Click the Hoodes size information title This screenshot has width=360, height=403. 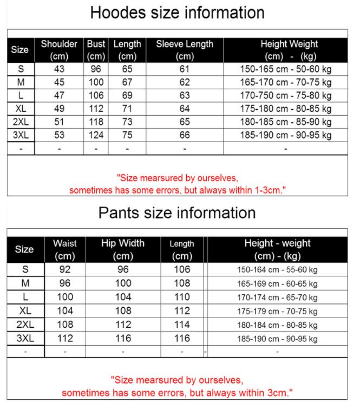pyautogui.click(x=177, y=12)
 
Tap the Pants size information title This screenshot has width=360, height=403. pyautogui.click(x=177, y=213)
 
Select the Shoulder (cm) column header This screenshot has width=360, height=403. pyautogui.click(x=59, y=50)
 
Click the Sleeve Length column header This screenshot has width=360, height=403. pyautogui.click(x=185, y=50)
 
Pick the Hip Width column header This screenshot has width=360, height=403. pyautogui.click(x=123, y=249)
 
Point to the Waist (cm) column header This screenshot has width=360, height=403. pyautogui.click(x=65, y=249)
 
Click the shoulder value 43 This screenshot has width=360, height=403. pyautogui.click(x=59, y=69)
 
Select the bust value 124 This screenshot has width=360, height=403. pyautogui.click(x=96, y=135)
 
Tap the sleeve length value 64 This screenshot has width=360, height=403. pyautogui.click(x=185, y=109)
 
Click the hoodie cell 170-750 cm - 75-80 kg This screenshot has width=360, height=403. pyautogui.click(x=285, y=96)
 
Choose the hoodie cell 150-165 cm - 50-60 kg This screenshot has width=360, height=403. pyautogui.click(x=285, y=69)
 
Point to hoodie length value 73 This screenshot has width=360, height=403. pyautogui.click(x=127, y=122)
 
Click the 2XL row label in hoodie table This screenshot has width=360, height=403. pyautogui.click(x=21, y=122)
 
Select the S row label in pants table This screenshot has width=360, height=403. pyautogui.click(x=25, y=269)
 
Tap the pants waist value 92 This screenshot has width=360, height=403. pyautogui.click(x=65, y=269)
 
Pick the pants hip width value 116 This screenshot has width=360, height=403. pyautogui.click(x=123, y=338)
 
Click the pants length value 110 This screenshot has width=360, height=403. pyautogui.click(x=182, y=297)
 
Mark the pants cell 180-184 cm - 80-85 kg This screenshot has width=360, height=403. pyautogui.click(x=277, y=325)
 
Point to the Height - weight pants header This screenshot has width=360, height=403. pyautogui.click(x=277, y=249)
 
